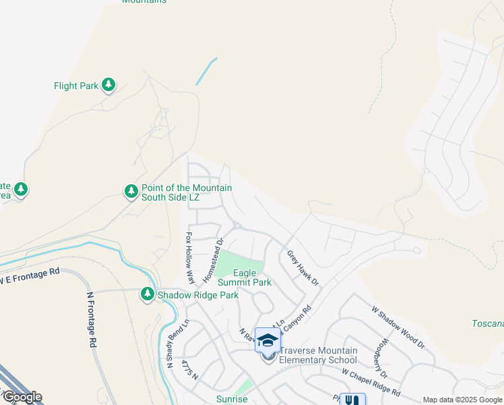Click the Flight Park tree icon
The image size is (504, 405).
tap(108, 85)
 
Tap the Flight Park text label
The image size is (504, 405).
tap(76, 86)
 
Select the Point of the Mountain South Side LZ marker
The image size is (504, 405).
tap(131, 192)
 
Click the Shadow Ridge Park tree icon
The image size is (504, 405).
tap(148, 294)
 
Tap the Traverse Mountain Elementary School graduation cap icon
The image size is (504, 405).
tap(267, 339)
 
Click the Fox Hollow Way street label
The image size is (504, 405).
tap(190, 258)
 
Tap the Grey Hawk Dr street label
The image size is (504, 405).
tap(302, 267)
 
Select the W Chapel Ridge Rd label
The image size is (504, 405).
tap(371, 381)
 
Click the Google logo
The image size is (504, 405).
tap(22, 397)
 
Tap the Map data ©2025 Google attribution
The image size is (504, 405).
tap(462, 400)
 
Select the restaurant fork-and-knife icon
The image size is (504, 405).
tap(352, 400)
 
